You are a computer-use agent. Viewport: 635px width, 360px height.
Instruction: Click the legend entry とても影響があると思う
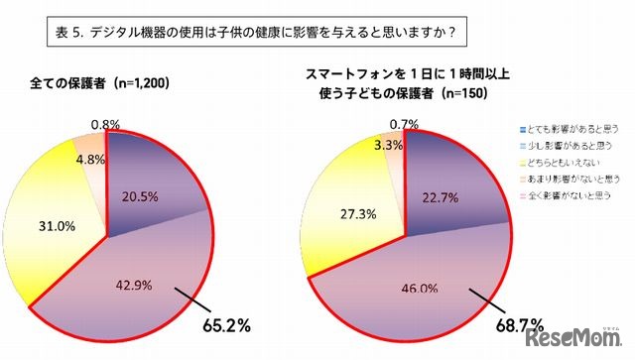coord(573,130)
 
